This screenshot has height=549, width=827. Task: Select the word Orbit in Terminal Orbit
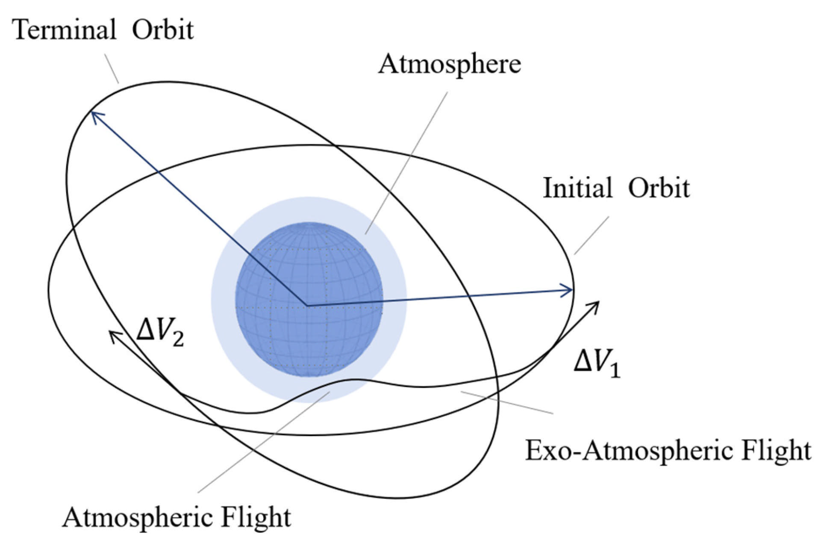click(x=162, y=30)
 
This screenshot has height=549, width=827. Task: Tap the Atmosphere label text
click(x=449, y=64)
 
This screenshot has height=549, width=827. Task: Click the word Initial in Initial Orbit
click(x=577, y=188)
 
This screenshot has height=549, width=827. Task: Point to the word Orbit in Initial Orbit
click(x=659, y=188)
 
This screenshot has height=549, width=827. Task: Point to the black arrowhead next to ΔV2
click(x=113, y=335)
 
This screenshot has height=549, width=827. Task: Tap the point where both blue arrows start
click(x=306, y=305)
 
